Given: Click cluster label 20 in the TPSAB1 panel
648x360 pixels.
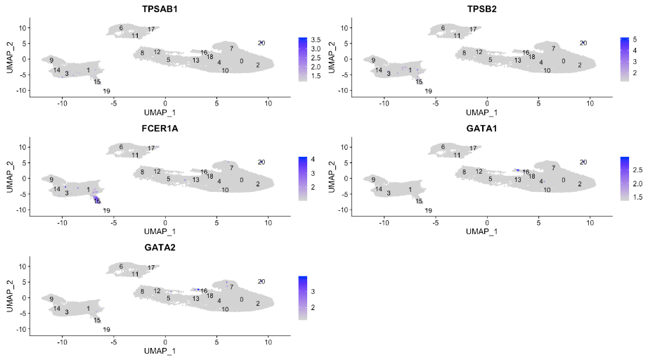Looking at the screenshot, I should [x=261, y=44].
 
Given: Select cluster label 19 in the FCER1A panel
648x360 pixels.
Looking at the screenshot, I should [x=107, y=211].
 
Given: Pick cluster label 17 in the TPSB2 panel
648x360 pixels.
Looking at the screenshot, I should [x=473, y=30].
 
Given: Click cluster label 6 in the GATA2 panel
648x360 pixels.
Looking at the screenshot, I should [x=121, y=266].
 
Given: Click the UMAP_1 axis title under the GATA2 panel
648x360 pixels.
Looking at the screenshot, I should [x=160, y=350].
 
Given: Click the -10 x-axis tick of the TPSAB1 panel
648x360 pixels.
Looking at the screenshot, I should [x=63, y=103].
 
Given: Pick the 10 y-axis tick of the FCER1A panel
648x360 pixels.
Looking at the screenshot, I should [x=22, y=147].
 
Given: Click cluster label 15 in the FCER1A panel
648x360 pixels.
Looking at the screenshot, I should [x=97, y=201].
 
